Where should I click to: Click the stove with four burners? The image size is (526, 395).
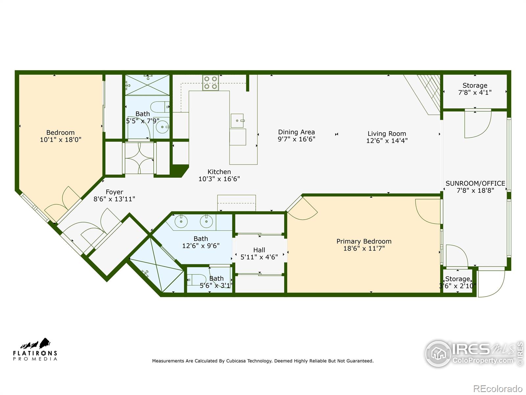click(210, 83)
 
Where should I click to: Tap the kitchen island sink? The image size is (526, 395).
click(237, 120)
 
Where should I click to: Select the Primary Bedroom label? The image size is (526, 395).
click(364, 241)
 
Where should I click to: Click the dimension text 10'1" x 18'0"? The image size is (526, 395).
click(60, 140)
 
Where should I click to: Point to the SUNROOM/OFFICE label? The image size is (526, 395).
click(475, 183)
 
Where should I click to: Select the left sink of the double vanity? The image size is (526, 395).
click(181, 222)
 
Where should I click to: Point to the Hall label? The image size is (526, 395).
click(259, 250)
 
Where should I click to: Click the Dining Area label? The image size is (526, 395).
click(296, 132)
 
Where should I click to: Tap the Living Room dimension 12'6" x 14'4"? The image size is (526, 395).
click(387, 141)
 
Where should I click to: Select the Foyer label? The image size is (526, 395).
click(114, 192)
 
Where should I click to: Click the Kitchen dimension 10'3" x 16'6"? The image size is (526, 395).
click(219, 179)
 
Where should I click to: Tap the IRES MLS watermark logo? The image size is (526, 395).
click(473, 354)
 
